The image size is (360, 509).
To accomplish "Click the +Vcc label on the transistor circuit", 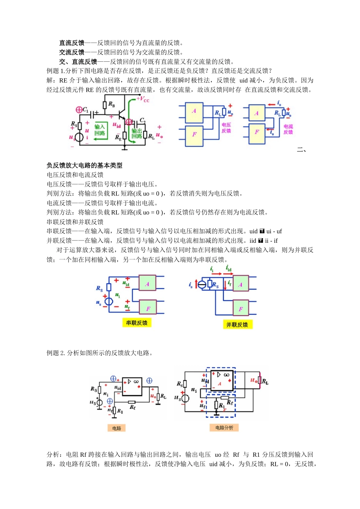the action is [x=143, y=100].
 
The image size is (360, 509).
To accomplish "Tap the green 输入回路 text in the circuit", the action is [x=100, y=130].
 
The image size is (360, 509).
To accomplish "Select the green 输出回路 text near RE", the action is [x=137, y=133].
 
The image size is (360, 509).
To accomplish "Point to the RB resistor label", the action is [x=111, y=104].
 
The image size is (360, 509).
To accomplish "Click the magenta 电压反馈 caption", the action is [x=226, y=128].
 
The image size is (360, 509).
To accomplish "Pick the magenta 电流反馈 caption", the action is [x=288, y=129].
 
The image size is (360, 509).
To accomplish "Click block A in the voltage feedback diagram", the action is [x=194, y=111].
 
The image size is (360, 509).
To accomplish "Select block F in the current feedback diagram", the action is [x=257, y=132].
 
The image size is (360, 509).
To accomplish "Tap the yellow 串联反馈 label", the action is [x=137, y=323].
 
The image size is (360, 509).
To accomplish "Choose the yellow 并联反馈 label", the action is [x=237, y=325].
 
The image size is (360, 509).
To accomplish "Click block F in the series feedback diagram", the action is [x=148, y=309].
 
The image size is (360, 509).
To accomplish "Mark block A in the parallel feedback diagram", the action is [x=240, y=284].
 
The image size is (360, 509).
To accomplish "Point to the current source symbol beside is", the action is [x=202, y=284].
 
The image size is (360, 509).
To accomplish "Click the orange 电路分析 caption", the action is [x=224, y=428].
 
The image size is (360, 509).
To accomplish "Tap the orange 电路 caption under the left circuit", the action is [x=117, y=428].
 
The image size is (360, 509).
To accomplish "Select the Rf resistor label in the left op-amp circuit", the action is [x=132, y=407].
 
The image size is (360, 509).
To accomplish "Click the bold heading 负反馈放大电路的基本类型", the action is [x=85, y=166].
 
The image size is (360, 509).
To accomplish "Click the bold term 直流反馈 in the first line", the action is [x=72, y=43].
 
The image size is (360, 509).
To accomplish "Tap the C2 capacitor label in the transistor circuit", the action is [x=142, y=120].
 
